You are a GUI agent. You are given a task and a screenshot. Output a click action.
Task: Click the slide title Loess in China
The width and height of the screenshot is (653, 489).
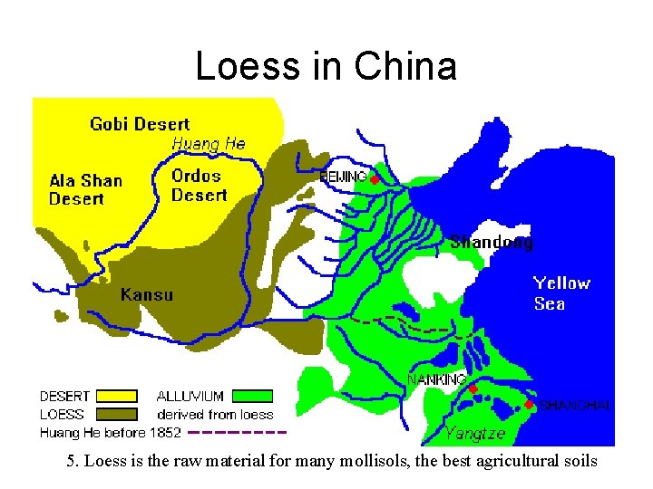326,66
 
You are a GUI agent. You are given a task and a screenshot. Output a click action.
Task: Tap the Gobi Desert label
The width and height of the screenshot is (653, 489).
140,124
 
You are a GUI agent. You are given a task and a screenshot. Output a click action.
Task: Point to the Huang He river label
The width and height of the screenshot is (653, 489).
209,143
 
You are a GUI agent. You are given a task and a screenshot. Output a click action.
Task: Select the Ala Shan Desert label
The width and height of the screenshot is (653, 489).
85,189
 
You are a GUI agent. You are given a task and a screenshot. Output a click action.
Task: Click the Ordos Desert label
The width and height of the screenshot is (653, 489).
199,185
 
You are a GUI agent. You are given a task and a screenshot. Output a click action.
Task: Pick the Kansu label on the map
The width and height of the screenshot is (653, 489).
147,294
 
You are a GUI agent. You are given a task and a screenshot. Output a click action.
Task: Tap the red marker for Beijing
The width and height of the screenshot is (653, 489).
374,179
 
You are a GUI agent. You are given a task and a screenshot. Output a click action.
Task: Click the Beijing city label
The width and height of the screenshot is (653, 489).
344,177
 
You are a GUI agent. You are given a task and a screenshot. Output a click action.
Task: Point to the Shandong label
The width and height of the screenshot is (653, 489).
492,242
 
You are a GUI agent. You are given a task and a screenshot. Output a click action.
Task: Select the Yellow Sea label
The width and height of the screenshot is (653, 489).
561,293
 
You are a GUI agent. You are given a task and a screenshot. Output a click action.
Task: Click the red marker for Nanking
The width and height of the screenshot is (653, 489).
473,388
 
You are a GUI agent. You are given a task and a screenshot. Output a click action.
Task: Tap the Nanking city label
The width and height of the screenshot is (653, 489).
437,379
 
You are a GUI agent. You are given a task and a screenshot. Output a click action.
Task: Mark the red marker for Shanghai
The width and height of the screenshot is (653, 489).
529,404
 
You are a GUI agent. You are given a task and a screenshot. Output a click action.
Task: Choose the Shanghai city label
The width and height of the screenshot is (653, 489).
576,405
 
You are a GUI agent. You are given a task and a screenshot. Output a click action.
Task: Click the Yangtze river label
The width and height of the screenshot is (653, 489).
475,433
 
